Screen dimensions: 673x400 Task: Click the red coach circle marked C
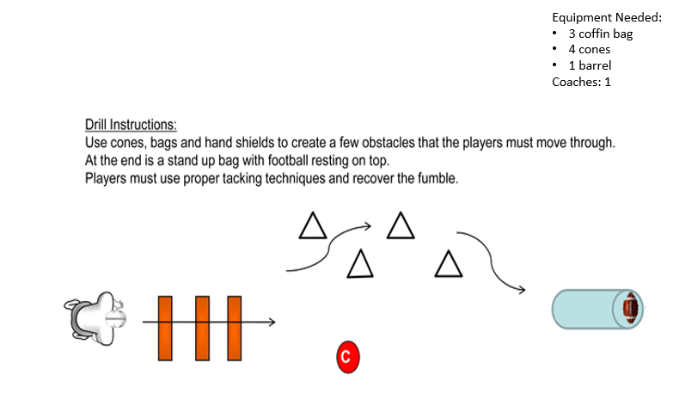tap(347, 357)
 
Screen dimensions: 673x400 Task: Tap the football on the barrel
tap(631, 308)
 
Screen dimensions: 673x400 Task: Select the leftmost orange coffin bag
tap(165, 329)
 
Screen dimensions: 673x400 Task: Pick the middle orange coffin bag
tap(203, 329)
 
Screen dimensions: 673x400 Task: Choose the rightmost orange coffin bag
tap(235, 329)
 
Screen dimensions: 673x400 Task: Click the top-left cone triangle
tap(313, 225)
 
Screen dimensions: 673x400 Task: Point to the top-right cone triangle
tap(401, 225)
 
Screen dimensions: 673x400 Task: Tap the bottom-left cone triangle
tap(360, 264)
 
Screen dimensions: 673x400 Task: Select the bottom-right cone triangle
tap(449, 264)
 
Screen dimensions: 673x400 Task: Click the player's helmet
tap(115, 319)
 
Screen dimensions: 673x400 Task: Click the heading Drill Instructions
tap(131, 125)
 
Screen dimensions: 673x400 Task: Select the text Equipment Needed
tap(607, 17)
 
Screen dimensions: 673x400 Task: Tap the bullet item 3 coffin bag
tap(601, 34)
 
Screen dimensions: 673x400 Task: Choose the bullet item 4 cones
tap(590, 49)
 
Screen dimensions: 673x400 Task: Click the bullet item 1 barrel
tap(590, 65)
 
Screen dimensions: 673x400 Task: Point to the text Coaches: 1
tap(581, 82)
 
